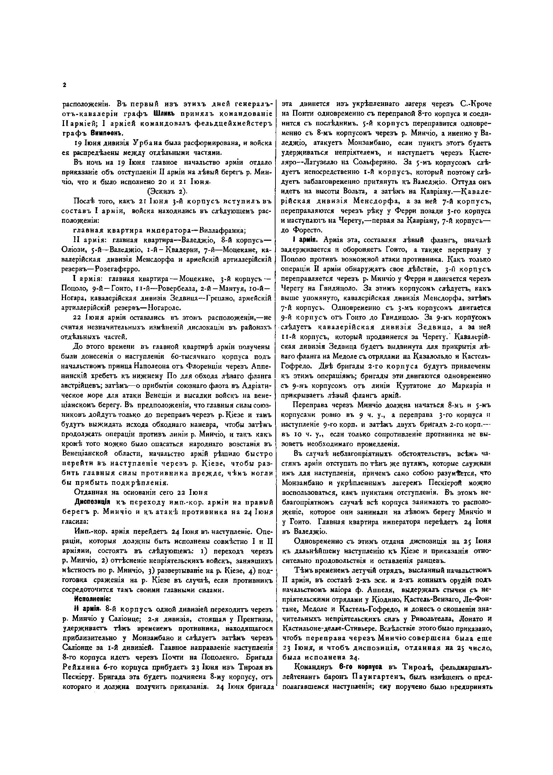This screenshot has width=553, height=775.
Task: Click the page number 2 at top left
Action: [x=64, y=85]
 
